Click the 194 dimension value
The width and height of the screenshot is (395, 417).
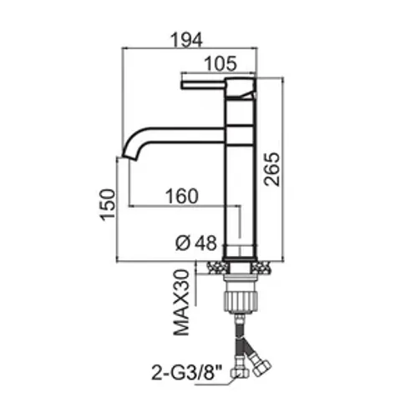click(186, 40)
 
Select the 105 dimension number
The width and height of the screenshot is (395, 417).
click(220, 63)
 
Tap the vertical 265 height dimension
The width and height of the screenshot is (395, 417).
click(271, 169)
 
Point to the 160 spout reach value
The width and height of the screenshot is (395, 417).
click(182, 196)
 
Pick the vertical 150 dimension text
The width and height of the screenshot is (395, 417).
click(108, 205)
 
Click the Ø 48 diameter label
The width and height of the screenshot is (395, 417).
click(196, 244)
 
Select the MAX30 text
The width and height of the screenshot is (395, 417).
click(181, 303)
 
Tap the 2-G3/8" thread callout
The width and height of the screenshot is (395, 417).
click(187, 373)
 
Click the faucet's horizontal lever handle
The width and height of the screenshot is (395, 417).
click(203, 85)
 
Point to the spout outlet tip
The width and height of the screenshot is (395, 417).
click(129, 157)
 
